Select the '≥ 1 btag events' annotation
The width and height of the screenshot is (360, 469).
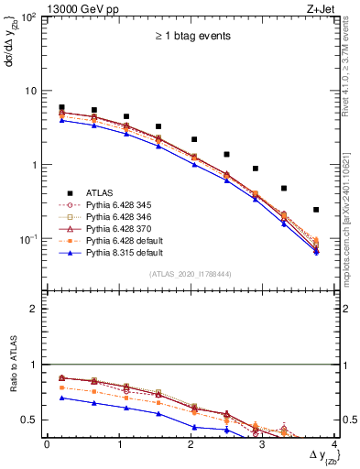pos(191,37)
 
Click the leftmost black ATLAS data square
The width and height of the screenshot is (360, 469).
pos(61,107)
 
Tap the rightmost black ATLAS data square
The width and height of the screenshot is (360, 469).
pos(316,210)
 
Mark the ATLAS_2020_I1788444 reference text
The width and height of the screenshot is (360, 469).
pos(191,274)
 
